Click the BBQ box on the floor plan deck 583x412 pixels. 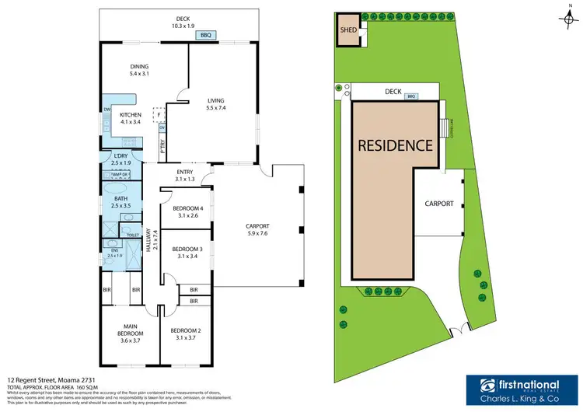pyautogui.click(x=206, y=35)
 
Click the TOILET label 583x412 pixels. pyautogui.click(x=131, y=234)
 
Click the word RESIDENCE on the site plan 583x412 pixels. pyautogui.click(x=395, y=145)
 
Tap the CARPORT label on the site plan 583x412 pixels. pyautogui.click(x=438, y=203)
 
